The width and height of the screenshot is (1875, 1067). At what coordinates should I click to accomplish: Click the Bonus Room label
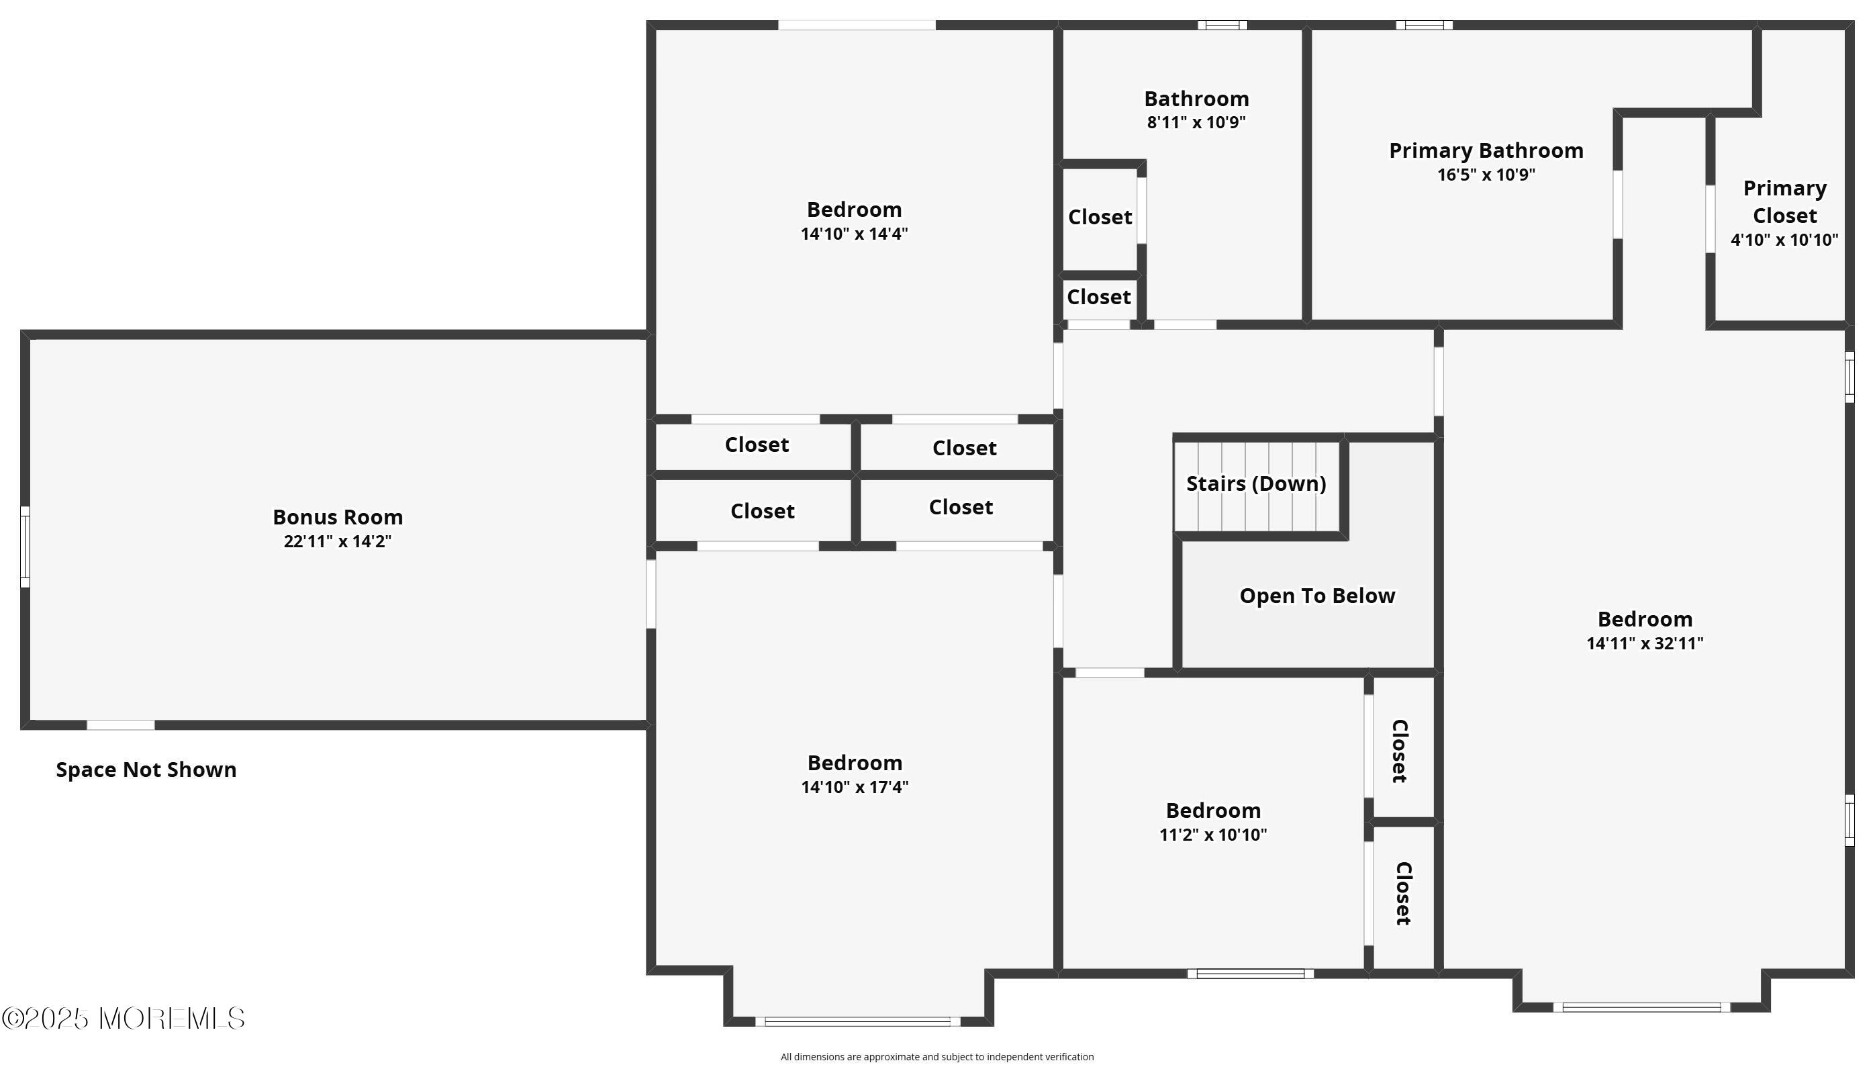pyautogui.click(x=338, y=517)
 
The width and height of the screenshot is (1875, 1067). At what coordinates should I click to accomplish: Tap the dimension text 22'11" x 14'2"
pyautogui.click(x=338, y=542)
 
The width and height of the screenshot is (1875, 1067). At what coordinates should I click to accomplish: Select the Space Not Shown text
pyautogui.click(x=146, y=770)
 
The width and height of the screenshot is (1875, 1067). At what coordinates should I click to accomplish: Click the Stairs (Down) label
pyautogui.click(x=1256, y=483)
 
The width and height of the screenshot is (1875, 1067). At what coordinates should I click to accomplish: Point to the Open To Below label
pyautogui.click(x=1317, y=596)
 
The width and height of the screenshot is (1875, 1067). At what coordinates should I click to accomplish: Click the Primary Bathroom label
pyautogui.click(x=1486, y=151)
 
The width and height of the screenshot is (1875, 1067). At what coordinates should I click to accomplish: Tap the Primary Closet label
pyautogui.click(x=1785, y=201)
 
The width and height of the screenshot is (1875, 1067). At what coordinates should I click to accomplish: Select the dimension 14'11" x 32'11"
pyautogui.click(x=1645, y=643)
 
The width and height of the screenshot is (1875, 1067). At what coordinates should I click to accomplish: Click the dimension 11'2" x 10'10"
pyautogui.click(x=1213, y=835)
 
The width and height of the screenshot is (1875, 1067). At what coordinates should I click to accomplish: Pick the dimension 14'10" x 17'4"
pyautogui.click(x=855, y=787)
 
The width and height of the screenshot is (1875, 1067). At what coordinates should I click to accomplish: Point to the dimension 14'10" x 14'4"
pyautogui.click(x=854, y=234)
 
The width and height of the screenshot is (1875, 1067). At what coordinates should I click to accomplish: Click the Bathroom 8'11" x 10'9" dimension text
pyautogui.click(x=1196, y=122)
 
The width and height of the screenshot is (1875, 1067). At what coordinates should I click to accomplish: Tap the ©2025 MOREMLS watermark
pyautogui.click(x=123, y=1019)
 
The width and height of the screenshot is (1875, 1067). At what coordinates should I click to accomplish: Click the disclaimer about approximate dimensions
pyautogui.click(x=936, y=1057)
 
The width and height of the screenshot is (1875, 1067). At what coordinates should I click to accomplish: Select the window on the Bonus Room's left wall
pyautogui.click(x=25, y=547)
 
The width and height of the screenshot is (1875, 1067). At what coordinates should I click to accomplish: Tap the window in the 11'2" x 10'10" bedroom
pyautogui.click(x=1250, y=974)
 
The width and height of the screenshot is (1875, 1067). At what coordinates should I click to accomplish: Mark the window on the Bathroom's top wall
pyautogui.click(x=1222, y=26)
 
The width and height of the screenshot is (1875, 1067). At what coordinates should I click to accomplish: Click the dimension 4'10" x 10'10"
pyautogui.click(x=1784, y=240)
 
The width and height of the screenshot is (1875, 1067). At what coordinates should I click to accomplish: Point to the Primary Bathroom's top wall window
pyautogui.click(x=1424, y=26)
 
